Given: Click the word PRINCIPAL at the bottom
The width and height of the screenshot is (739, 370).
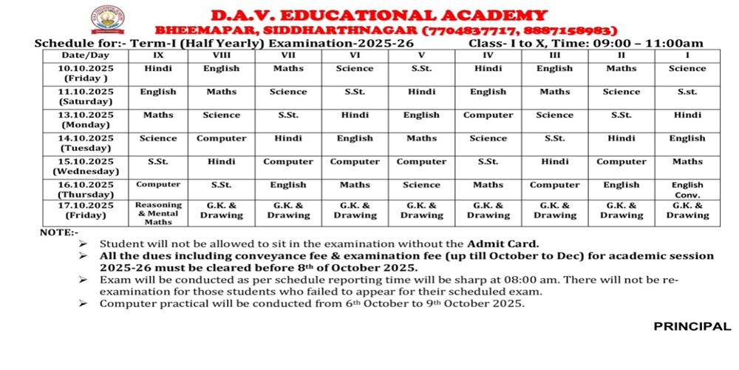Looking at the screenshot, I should pos(692,326).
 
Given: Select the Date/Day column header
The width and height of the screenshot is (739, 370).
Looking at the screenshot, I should pos(86,55).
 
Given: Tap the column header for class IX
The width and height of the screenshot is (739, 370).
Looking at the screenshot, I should pos(158,55).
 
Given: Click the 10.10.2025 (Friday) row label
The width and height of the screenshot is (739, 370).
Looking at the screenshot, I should pos(86,73).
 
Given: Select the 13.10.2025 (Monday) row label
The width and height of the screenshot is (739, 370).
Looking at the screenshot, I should pos(86,120).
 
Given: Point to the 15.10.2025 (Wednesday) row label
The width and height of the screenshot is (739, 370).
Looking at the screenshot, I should pos(86,166).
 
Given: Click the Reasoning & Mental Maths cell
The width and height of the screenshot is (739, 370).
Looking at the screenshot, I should pos(158,212).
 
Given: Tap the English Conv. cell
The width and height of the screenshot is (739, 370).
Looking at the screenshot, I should pos(687,189).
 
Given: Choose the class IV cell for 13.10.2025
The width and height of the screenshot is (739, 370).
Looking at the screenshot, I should pos(488,115).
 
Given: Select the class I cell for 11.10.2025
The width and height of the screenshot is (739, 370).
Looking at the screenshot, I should pos(687,92).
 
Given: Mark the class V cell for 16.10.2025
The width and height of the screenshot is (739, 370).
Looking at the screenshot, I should pos(421,185).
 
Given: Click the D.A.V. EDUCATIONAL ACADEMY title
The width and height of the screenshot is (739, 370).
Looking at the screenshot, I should pos(378,15).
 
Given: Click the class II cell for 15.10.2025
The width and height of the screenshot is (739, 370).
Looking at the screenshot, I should pos(621,161).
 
